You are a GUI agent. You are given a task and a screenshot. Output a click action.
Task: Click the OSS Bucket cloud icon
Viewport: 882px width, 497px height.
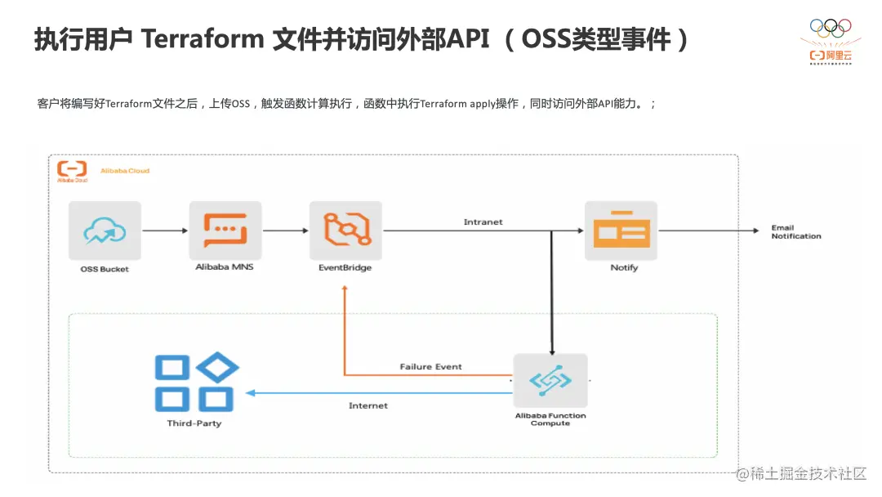(x=105, y=231)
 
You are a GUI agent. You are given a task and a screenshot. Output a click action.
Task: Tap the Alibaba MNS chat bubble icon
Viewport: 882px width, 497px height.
(x=225, y=231)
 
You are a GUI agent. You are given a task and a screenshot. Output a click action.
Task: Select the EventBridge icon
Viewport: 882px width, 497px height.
(x=345, y=231)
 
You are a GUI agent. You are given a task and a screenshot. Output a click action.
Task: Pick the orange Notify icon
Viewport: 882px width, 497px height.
(x=621, y=231)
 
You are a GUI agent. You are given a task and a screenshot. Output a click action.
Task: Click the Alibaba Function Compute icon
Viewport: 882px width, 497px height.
(x=550, y=381)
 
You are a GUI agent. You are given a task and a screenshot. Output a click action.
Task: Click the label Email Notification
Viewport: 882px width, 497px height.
(x=795, y=232)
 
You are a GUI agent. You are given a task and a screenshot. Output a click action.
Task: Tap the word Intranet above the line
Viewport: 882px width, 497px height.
(x=483, y=222)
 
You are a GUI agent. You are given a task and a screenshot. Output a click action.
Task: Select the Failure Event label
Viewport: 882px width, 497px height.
(x=430, y=367)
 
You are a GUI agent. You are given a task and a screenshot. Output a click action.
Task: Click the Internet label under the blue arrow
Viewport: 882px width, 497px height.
(x=368, y=405)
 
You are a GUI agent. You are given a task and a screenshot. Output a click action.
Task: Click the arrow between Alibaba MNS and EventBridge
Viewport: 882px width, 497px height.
(x=285, y=231)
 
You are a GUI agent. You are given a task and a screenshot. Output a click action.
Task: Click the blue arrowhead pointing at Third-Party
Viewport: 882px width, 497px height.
(x=251, y=393)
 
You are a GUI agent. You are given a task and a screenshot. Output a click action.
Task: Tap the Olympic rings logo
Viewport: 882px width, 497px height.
(x=830, y=27)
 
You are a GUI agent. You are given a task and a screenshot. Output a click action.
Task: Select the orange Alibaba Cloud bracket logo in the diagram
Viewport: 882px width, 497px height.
(x=72, y=169)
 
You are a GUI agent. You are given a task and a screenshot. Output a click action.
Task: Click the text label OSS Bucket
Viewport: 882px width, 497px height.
(x=105, y=269)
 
